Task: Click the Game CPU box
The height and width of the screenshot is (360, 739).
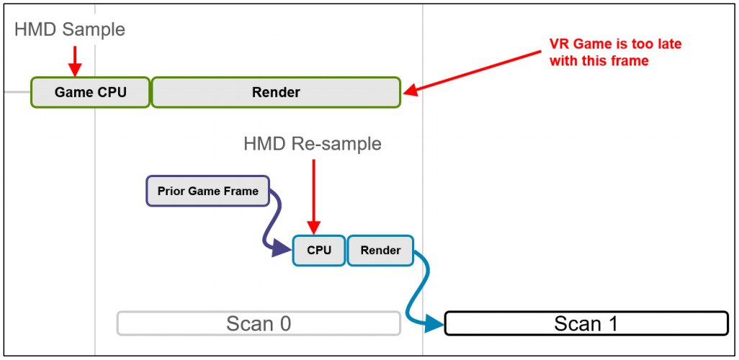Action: (90, 92)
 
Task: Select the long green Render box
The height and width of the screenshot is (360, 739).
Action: (276, 92)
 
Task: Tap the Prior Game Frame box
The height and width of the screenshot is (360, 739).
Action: (207, 192)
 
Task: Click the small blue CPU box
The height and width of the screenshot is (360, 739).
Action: (318, 251)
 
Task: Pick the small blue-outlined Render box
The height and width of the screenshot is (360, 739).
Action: (380, 251)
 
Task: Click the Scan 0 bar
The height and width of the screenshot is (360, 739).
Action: (259, 323)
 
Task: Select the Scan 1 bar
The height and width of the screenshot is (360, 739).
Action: (586, 323)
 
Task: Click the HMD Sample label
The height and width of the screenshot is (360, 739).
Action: (70, 30)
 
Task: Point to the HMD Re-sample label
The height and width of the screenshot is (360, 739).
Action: (313, 144)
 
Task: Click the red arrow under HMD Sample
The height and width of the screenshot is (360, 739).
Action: (73, 60)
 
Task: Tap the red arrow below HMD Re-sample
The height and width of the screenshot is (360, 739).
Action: (313, 194)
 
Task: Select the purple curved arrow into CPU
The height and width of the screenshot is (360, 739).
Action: (274, 223)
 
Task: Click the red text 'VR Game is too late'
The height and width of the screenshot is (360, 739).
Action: (615, 44)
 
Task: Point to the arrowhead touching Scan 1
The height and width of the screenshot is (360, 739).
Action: (434, 324)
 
